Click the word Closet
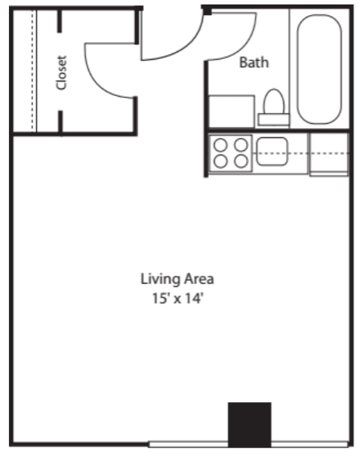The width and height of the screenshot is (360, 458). [62, 72]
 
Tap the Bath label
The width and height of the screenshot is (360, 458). [254, 63]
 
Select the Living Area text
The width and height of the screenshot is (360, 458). [177, 279]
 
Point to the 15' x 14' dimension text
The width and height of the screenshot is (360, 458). [177, 299]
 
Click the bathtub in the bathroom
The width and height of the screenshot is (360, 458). [319, 69]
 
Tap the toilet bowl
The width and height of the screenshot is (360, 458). [274, 101]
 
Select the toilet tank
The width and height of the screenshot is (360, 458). [274, 120]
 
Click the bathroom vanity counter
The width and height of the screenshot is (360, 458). [231, 111]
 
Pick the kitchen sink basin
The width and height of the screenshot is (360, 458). [272, 152]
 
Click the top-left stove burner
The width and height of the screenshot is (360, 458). [220, 145]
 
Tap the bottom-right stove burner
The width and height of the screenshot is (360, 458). [241, 161]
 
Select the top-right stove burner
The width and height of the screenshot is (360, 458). [241, 145]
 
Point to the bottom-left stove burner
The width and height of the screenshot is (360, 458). [220, 161]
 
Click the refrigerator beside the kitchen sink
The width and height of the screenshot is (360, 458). [329, 154]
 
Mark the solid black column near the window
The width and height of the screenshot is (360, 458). [250, 425]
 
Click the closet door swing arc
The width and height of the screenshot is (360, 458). [97, 79]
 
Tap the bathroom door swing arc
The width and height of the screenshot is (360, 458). [245, 47]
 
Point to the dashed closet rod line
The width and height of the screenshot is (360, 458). [32, 70]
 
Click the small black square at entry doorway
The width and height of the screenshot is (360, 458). [208, 11]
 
